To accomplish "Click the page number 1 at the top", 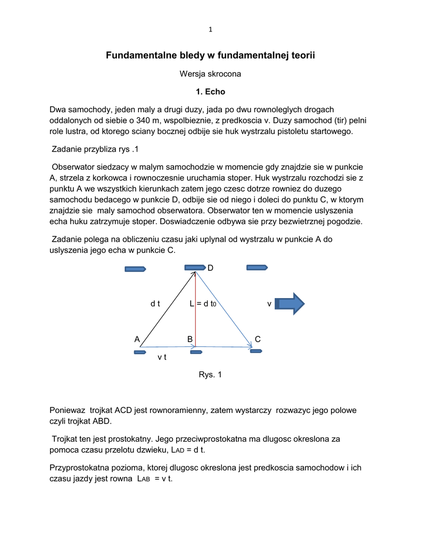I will tap(210, 29).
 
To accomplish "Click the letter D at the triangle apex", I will tap(210, 268).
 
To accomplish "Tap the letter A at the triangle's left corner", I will tap(137, 339).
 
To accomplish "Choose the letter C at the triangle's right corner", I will tap(258, 339).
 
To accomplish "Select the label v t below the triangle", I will tap(162, 357).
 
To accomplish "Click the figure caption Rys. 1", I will tap(210, 375).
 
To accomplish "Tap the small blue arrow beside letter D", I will tap(195, 267).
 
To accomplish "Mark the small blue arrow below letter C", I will tap(256, 351).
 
